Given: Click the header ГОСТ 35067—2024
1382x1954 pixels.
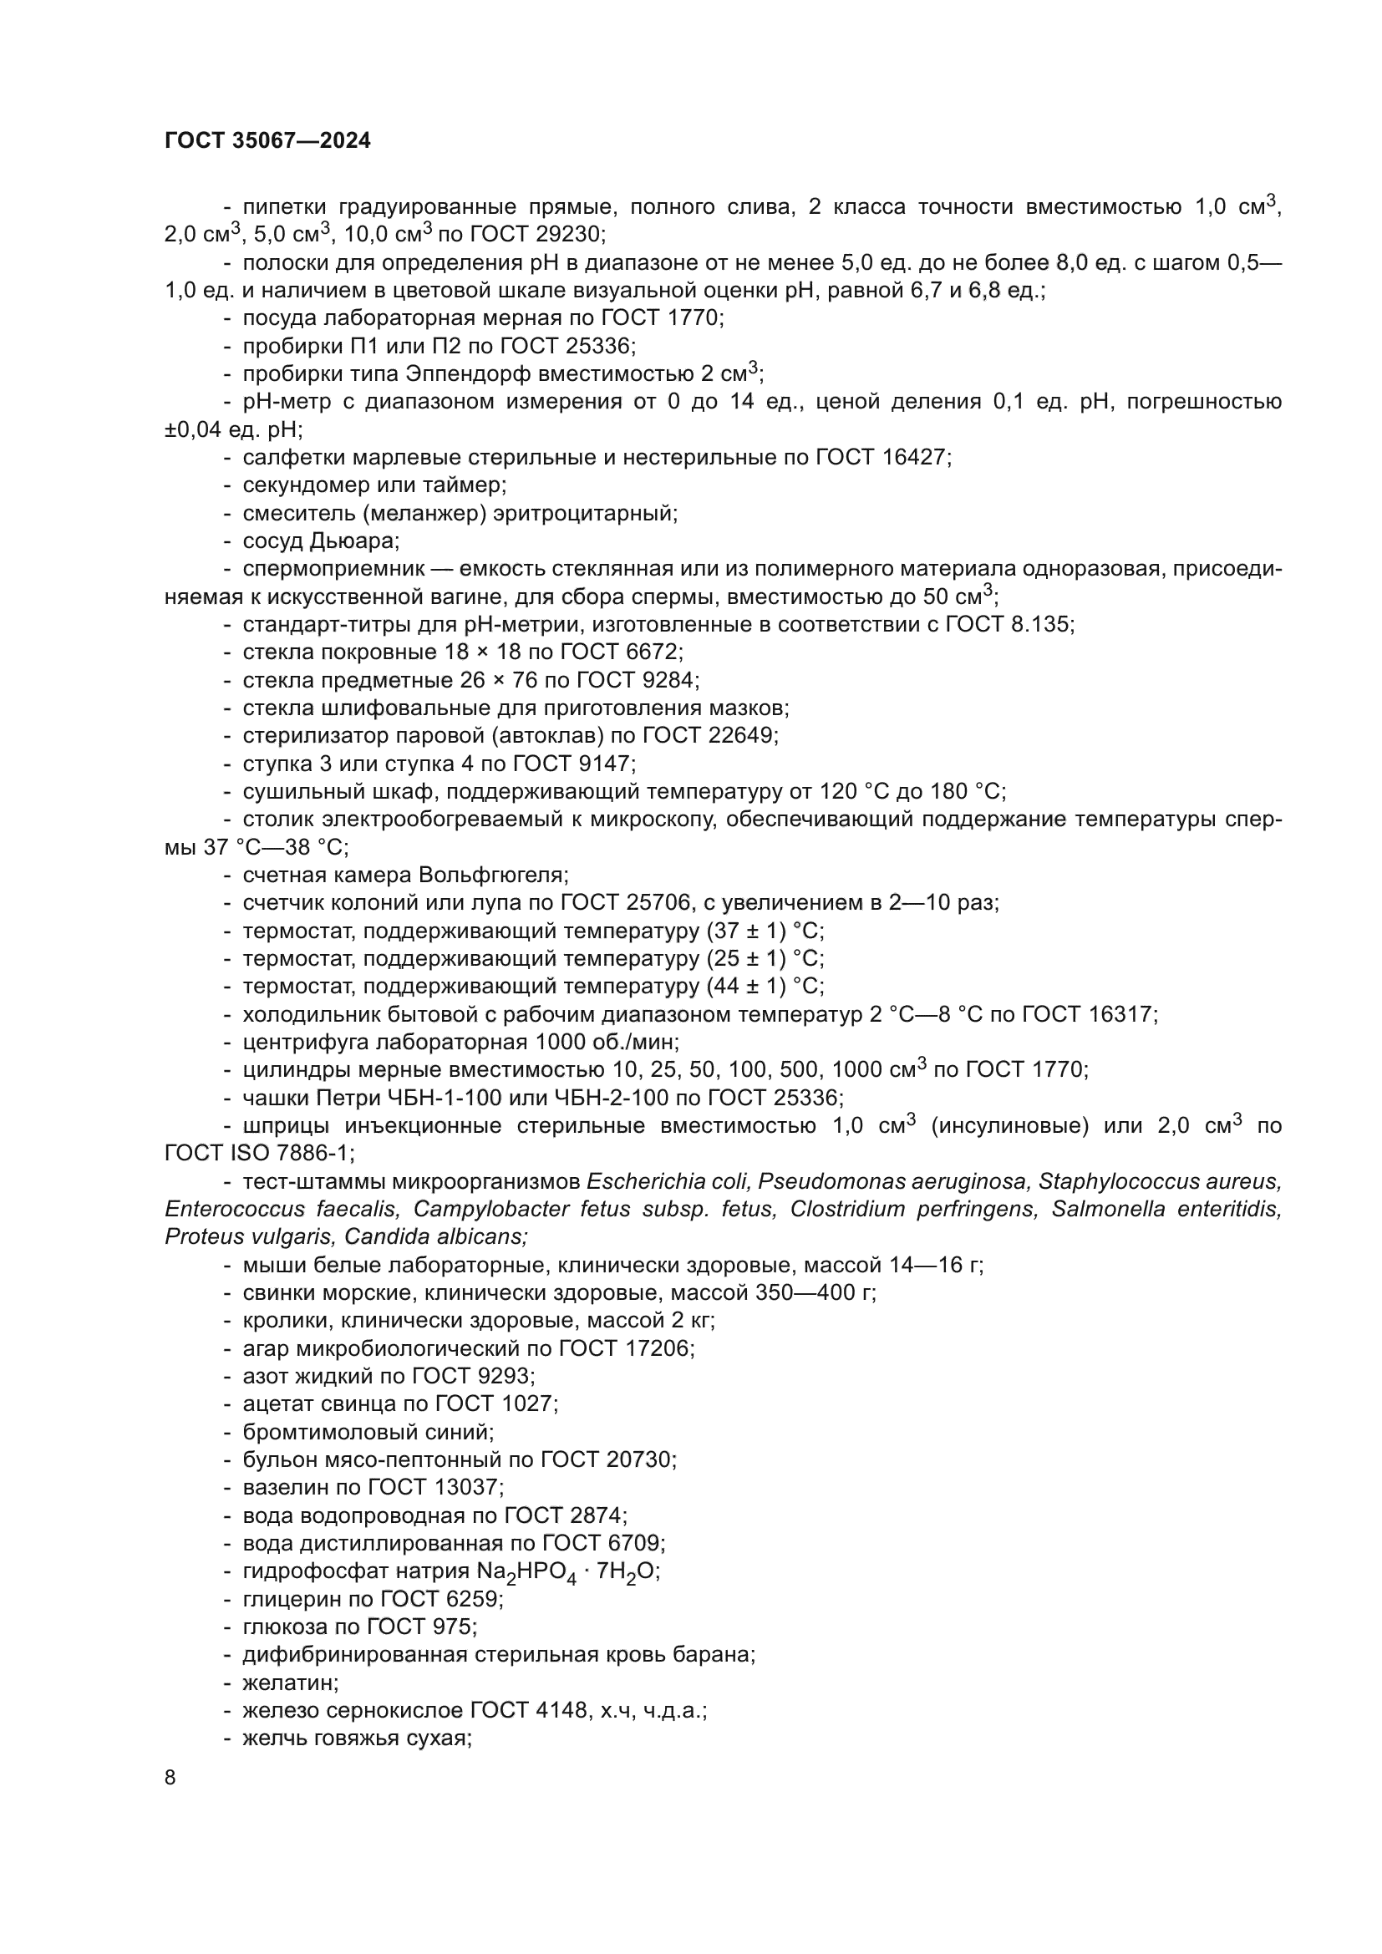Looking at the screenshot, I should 267,141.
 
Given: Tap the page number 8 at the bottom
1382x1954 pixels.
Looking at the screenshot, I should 170,1777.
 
